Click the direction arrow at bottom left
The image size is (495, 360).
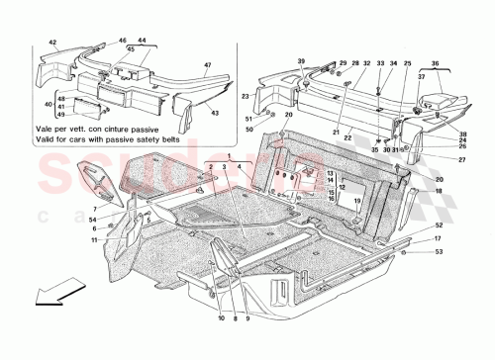(39, 321)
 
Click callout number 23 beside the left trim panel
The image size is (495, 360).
(243, 95)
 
